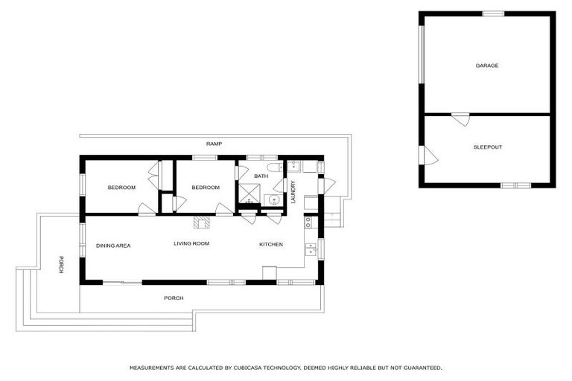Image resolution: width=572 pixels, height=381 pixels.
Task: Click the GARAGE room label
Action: (487, 65)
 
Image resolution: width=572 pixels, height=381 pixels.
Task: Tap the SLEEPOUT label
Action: (488, 147)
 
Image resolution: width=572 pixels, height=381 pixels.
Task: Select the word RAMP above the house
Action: (214, 143)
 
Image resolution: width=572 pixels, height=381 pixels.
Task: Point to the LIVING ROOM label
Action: (191, 243)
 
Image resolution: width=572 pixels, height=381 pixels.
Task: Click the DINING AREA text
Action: (113, 245)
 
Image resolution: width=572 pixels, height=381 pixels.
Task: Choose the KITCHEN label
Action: (271, 244)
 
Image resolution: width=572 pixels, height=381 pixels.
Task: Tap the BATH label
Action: (261, 176)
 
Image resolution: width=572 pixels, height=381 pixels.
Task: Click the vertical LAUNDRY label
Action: (293, 192)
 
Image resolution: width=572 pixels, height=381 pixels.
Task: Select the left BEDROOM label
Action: (121, 188)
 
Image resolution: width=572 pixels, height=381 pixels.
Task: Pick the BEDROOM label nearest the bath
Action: (206, 188)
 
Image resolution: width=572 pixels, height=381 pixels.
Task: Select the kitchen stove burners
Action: (308, 221)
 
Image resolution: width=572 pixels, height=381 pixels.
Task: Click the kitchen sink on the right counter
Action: (311, 249)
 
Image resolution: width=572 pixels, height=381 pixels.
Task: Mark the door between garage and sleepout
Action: (460, 118)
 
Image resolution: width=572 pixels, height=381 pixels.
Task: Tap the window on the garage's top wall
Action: (493, 13)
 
